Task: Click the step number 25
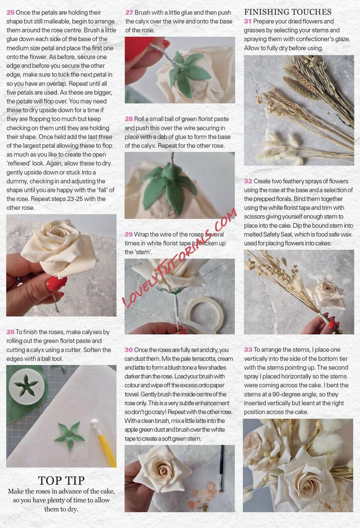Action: (x=10, y=12)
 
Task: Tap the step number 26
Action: (x=10, y=332)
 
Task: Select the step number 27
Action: (x=129, y=12)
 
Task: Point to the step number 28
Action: (x=129, y=119)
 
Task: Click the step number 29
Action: (x=129, y=234)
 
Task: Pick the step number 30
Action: (x=129, y=350)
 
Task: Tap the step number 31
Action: (x=248, y=21)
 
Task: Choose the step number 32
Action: (x=248, y=181)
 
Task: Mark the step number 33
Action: (x=248, y=349)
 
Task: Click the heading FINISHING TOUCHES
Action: (x=288, y=12)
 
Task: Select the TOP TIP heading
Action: (x=61, y=480)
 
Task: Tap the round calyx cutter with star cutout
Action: (x=26, y=386)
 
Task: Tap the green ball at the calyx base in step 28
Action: (x=170, y=171)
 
